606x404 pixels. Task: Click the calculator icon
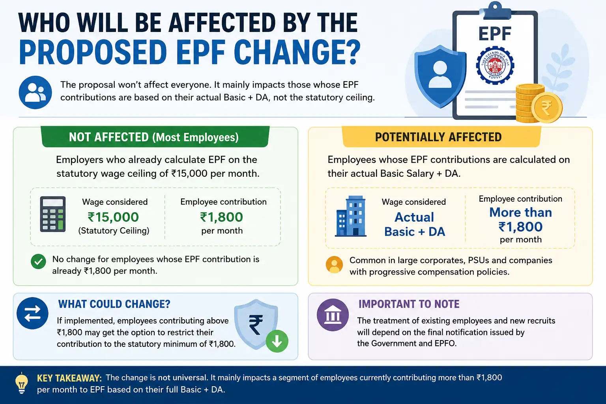click(53, 214)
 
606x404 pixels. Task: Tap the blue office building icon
click(351, 216)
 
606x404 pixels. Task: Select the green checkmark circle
click(38, 262)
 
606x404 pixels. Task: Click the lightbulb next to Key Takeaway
click(22, 383)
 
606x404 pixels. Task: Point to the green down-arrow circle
click(277, 341)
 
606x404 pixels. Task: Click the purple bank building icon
click(333, 315)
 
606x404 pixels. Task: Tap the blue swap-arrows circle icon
click(32, 313)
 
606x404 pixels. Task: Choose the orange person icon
click(335, 264)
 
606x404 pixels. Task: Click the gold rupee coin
click(547, 107)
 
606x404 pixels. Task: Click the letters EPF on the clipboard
click(495, 34)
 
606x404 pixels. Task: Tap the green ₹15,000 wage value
click(113, 217)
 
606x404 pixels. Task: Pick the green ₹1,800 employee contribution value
click(222, 217)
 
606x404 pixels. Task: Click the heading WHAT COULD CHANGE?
click(114, 304)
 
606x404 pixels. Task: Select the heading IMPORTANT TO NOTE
click(409, 304)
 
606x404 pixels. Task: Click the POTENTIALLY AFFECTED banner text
click(438, 137)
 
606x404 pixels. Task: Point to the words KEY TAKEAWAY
click(69, 378)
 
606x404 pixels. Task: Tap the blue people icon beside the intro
click(35, 92)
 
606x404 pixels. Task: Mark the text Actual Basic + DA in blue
click(415, 224)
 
